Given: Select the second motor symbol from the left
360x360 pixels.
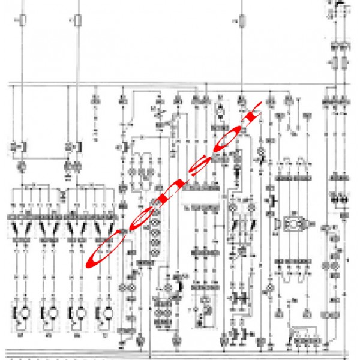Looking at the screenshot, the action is (50, 312).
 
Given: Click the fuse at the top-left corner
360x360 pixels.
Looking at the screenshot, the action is (23, 22).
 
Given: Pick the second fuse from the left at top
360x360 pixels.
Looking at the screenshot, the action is (79, 22).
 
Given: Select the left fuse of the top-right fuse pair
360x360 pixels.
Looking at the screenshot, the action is (335, 63).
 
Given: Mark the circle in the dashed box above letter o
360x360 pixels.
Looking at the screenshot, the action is (220, 110).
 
